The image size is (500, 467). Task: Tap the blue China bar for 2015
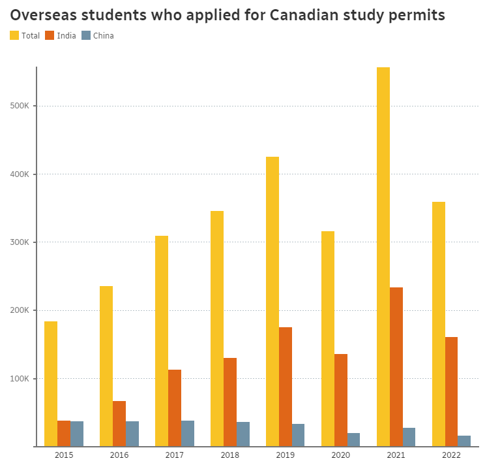(77, 434)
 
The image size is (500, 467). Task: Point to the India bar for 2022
(451, 392)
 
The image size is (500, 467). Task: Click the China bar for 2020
(353, 440)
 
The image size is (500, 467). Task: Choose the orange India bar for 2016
(119, 424)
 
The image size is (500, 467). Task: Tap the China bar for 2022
(464, 441)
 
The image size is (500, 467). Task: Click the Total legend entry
(25, 36)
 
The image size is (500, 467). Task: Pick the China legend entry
(97, 36)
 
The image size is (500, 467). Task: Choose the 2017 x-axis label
(174, 455)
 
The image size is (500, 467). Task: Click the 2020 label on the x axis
(340, 455)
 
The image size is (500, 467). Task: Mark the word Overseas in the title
(40, 14)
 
